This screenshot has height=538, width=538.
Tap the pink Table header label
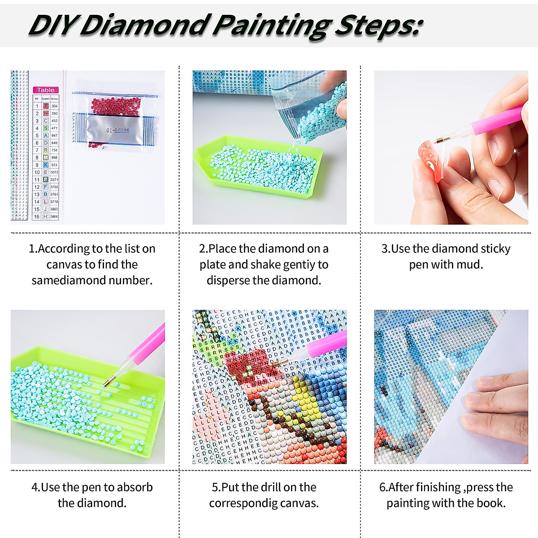click(x=46, y=90)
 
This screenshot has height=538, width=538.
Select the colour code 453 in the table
click(x=54, y=121)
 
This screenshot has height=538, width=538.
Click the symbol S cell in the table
click(x=46, y=128)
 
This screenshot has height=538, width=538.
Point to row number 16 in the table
click(x=37, y=216)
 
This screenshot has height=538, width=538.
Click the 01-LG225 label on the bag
click(x=117, y=130)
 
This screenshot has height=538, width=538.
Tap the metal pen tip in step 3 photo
click(x=441, y=140)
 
